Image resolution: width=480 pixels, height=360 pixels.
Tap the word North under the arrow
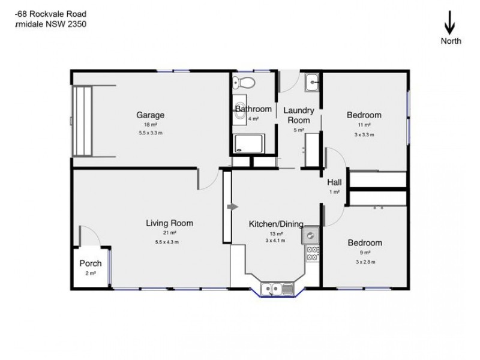451,41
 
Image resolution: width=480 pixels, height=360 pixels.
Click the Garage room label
150,115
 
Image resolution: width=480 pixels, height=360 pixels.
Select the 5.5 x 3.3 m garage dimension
150,133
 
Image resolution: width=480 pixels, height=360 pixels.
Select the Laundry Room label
299,115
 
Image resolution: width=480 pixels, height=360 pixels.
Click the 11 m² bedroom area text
364,125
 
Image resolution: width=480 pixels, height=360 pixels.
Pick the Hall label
334,182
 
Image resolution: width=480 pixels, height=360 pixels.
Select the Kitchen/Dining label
276,224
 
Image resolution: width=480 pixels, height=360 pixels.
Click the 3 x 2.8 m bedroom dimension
364,262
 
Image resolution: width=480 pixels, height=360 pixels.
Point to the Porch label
91,263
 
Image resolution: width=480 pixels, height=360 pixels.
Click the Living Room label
170,223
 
